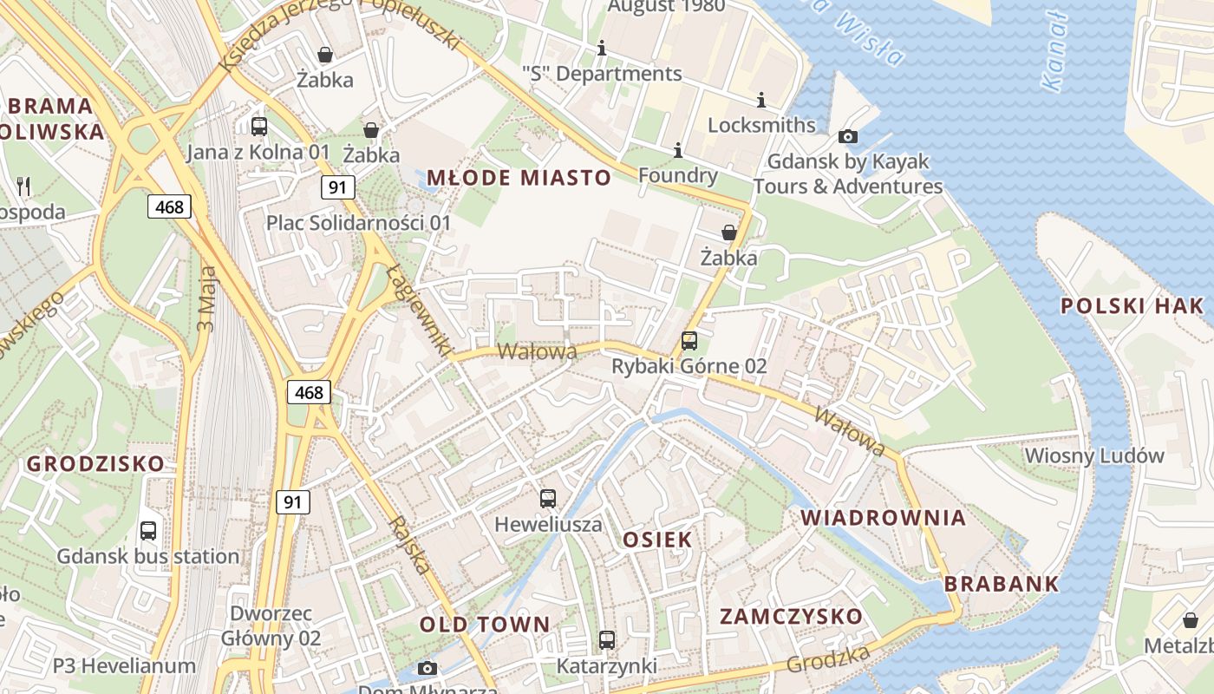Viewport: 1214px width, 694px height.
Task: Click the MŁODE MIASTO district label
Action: [519, 179]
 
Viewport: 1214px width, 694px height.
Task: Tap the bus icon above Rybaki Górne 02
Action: [689, 341]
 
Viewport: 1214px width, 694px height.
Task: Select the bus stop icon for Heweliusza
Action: [548, 499]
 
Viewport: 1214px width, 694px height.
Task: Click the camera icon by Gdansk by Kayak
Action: [848, 136]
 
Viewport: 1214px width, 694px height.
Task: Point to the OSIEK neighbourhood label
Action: [657, 540]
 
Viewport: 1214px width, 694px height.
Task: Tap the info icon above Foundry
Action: [677, 151]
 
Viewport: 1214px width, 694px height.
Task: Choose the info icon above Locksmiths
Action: [761, 101]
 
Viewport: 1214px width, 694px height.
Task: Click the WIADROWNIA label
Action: [883, 518]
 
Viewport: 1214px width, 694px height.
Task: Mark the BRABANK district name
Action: [1002, 584]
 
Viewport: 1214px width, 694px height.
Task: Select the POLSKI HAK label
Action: [1132, 305]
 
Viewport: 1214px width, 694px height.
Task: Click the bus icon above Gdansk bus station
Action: [148, 531]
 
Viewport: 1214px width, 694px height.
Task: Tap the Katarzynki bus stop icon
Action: [607, 640]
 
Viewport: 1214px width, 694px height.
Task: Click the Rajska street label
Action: [410, 545]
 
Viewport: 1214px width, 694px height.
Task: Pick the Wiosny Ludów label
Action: [1094, 455]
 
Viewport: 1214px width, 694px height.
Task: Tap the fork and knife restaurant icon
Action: [23, 186]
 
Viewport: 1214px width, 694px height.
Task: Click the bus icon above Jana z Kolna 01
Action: [259, 127]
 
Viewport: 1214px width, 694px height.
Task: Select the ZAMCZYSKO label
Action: [792, 617]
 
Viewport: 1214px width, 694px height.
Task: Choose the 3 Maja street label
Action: [206, 299]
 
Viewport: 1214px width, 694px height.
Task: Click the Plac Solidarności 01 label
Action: [358, 223]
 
